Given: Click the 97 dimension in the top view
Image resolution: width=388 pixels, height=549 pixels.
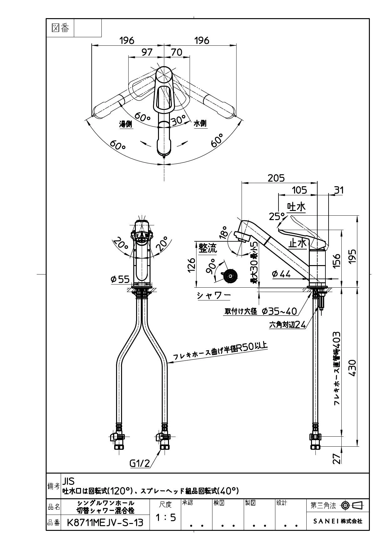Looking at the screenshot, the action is point(147,52).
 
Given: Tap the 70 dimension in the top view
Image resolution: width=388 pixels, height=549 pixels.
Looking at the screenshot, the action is point(177,52).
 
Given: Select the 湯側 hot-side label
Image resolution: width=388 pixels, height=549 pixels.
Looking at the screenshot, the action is point(125,124).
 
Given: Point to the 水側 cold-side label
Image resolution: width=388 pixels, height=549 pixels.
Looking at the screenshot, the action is point(200,124).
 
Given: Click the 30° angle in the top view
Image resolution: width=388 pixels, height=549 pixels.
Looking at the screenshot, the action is point(179,120).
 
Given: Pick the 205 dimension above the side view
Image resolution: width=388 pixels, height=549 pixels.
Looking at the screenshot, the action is point(276,178).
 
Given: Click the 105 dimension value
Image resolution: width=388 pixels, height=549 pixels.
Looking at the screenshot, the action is point(300,190).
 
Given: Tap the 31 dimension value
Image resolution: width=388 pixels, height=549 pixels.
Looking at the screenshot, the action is point(339,190).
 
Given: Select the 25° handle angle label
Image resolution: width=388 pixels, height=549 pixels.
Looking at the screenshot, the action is point(277,216).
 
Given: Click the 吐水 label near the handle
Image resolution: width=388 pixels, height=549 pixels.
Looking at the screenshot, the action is point(296,207).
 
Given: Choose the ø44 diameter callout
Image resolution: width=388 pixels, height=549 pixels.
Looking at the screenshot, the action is point(281,274).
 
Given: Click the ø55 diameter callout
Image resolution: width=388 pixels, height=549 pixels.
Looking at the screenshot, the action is point(120,279).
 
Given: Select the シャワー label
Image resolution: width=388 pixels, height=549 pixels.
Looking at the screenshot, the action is point(214,295).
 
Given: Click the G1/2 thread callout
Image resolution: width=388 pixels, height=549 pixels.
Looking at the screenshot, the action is point(140,463).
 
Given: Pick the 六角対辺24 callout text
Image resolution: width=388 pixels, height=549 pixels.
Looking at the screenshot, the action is point(288,325).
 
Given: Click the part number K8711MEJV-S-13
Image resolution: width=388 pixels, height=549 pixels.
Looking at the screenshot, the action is point(105,522).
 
